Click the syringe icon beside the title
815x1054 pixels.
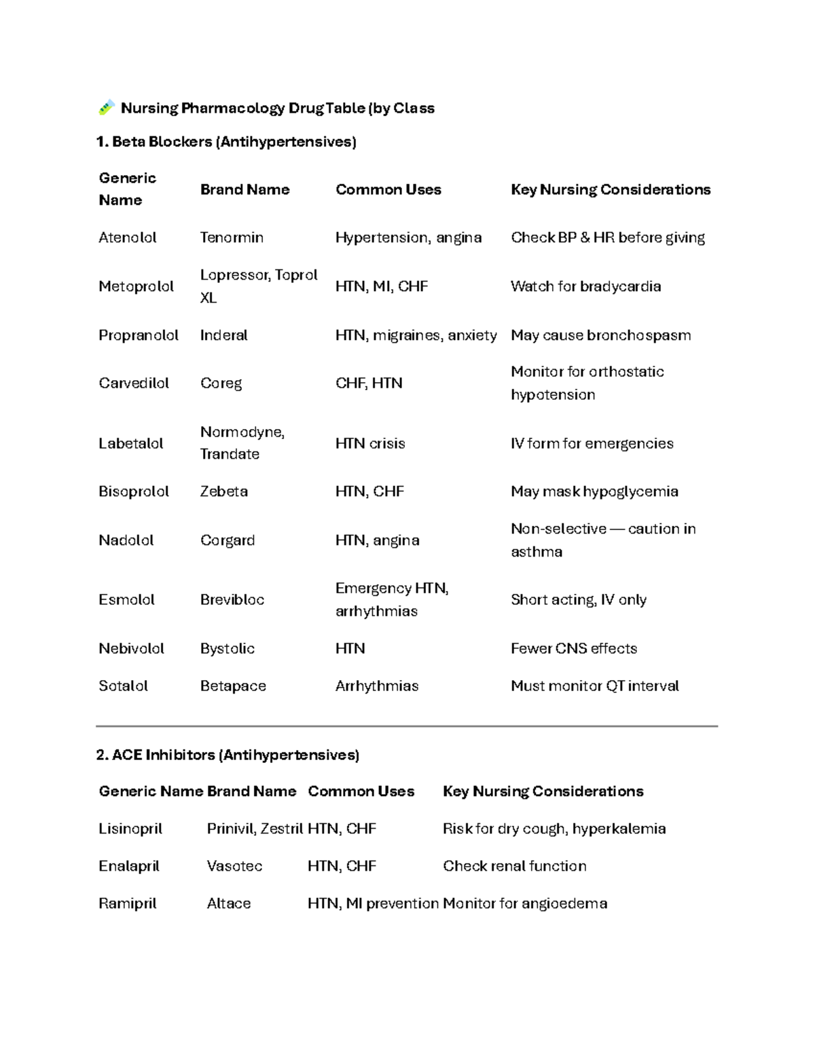click(106, 107)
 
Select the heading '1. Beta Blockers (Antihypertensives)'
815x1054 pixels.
click(226, 142)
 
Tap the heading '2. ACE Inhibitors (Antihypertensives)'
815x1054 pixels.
click(228, 755)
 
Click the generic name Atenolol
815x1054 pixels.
click(128, 238)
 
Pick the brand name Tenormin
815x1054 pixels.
click(232, 238)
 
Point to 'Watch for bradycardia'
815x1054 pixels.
click(585, 286)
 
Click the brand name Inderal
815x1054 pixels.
click(223, 335)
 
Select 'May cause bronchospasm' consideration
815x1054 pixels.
click(600, 335)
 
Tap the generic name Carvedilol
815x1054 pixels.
click(134, 383)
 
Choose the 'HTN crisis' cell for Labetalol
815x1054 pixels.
click(370, 443)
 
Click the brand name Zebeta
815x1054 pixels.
click(223, 491)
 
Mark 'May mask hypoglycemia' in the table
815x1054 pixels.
click(594, 491)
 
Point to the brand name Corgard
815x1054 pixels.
click(228, 540)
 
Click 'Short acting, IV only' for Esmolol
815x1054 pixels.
click(578, 600)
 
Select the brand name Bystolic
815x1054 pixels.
click(227, 649)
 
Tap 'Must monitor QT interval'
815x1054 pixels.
click(594, 686)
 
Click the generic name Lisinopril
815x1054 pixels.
click(130, 829)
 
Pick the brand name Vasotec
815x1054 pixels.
click(234, 866)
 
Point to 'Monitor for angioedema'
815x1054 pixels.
click(525, 903)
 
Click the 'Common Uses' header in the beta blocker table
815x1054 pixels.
click(388, 189)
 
